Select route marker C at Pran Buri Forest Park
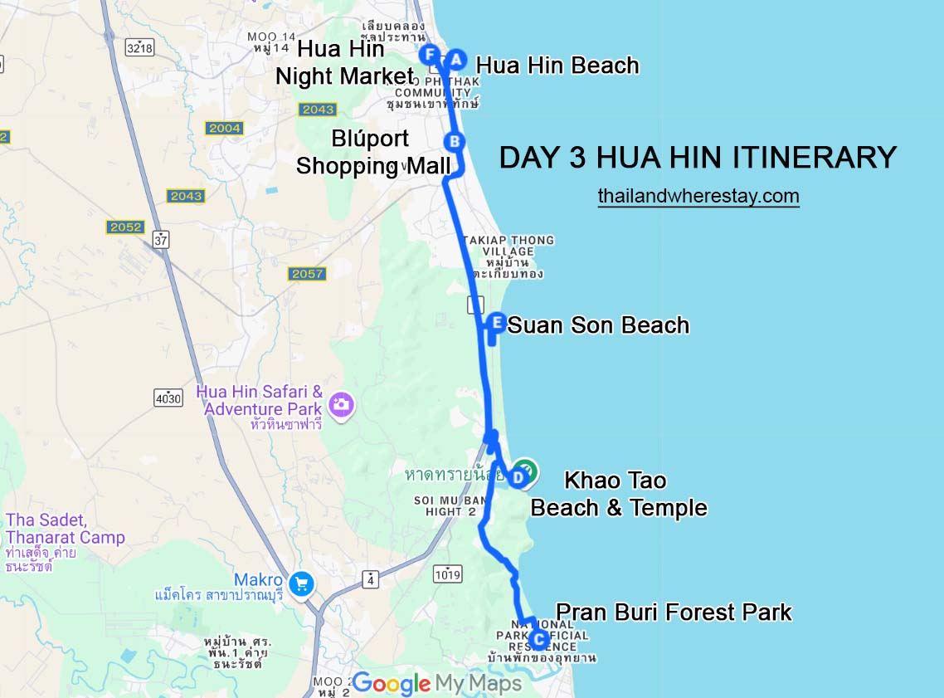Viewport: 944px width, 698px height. point(538,640)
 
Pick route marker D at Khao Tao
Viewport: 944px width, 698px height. point(517,477)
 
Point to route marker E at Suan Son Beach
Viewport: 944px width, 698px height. point(496,322)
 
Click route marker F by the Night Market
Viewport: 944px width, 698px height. point(430,56)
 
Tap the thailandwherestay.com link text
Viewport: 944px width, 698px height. point(698,196)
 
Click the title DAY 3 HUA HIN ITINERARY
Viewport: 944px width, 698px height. point(698,158)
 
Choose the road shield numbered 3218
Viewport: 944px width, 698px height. point(140,47)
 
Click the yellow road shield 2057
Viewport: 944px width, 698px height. point(307,273)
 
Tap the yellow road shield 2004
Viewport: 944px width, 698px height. point(225,128)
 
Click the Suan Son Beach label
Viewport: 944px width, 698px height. point(598,325)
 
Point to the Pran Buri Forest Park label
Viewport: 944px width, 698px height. point(674,613)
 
